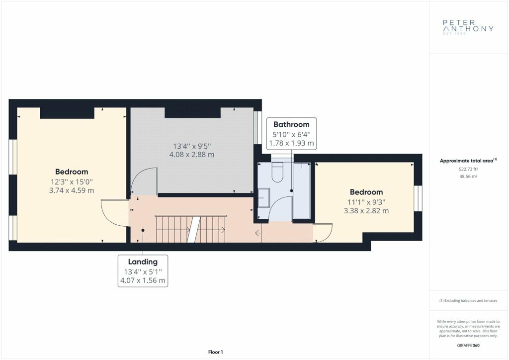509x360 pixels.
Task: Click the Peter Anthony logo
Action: (x=468, y=27)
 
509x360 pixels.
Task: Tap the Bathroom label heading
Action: (x=291, y=124)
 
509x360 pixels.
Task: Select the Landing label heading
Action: (x=143, y=262)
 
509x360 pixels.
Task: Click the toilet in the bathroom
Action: (x=278, y=172)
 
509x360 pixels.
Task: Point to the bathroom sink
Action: (x=263, y=198)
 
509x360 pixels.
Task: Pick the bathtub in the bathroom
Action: (x=302, y=190)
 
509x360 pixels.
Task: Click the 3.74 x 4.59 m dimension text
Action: (x=72, y=190)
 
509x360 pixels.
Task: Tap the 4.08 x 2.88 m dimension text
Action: (x=192, y=155)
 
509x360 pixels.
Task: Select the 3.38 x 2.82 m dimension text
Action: (x=366, y=211)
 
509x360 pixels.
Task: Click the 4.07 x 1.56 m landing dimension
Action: (x=143, y=280)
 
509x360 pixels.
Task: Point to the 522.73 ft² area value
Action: (x=468, y=169)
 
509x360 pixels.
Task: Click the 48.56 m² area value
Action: (x=468, y=177)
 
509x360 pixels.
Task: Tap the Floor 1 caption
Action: (x=216, y=352)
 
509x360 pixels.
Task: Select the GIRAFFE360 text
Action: (x=468, y=346)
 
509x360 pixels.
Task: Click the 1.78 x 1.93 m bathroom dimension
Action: (x=291, y=143)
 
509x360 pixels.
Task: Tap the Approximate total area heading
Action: (x=468, y=161)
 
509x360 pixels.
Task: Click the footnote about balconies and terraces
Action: (x=468, y=301)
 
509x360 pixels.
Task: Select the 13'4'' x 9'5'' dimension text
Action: (x=192, y=146)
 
